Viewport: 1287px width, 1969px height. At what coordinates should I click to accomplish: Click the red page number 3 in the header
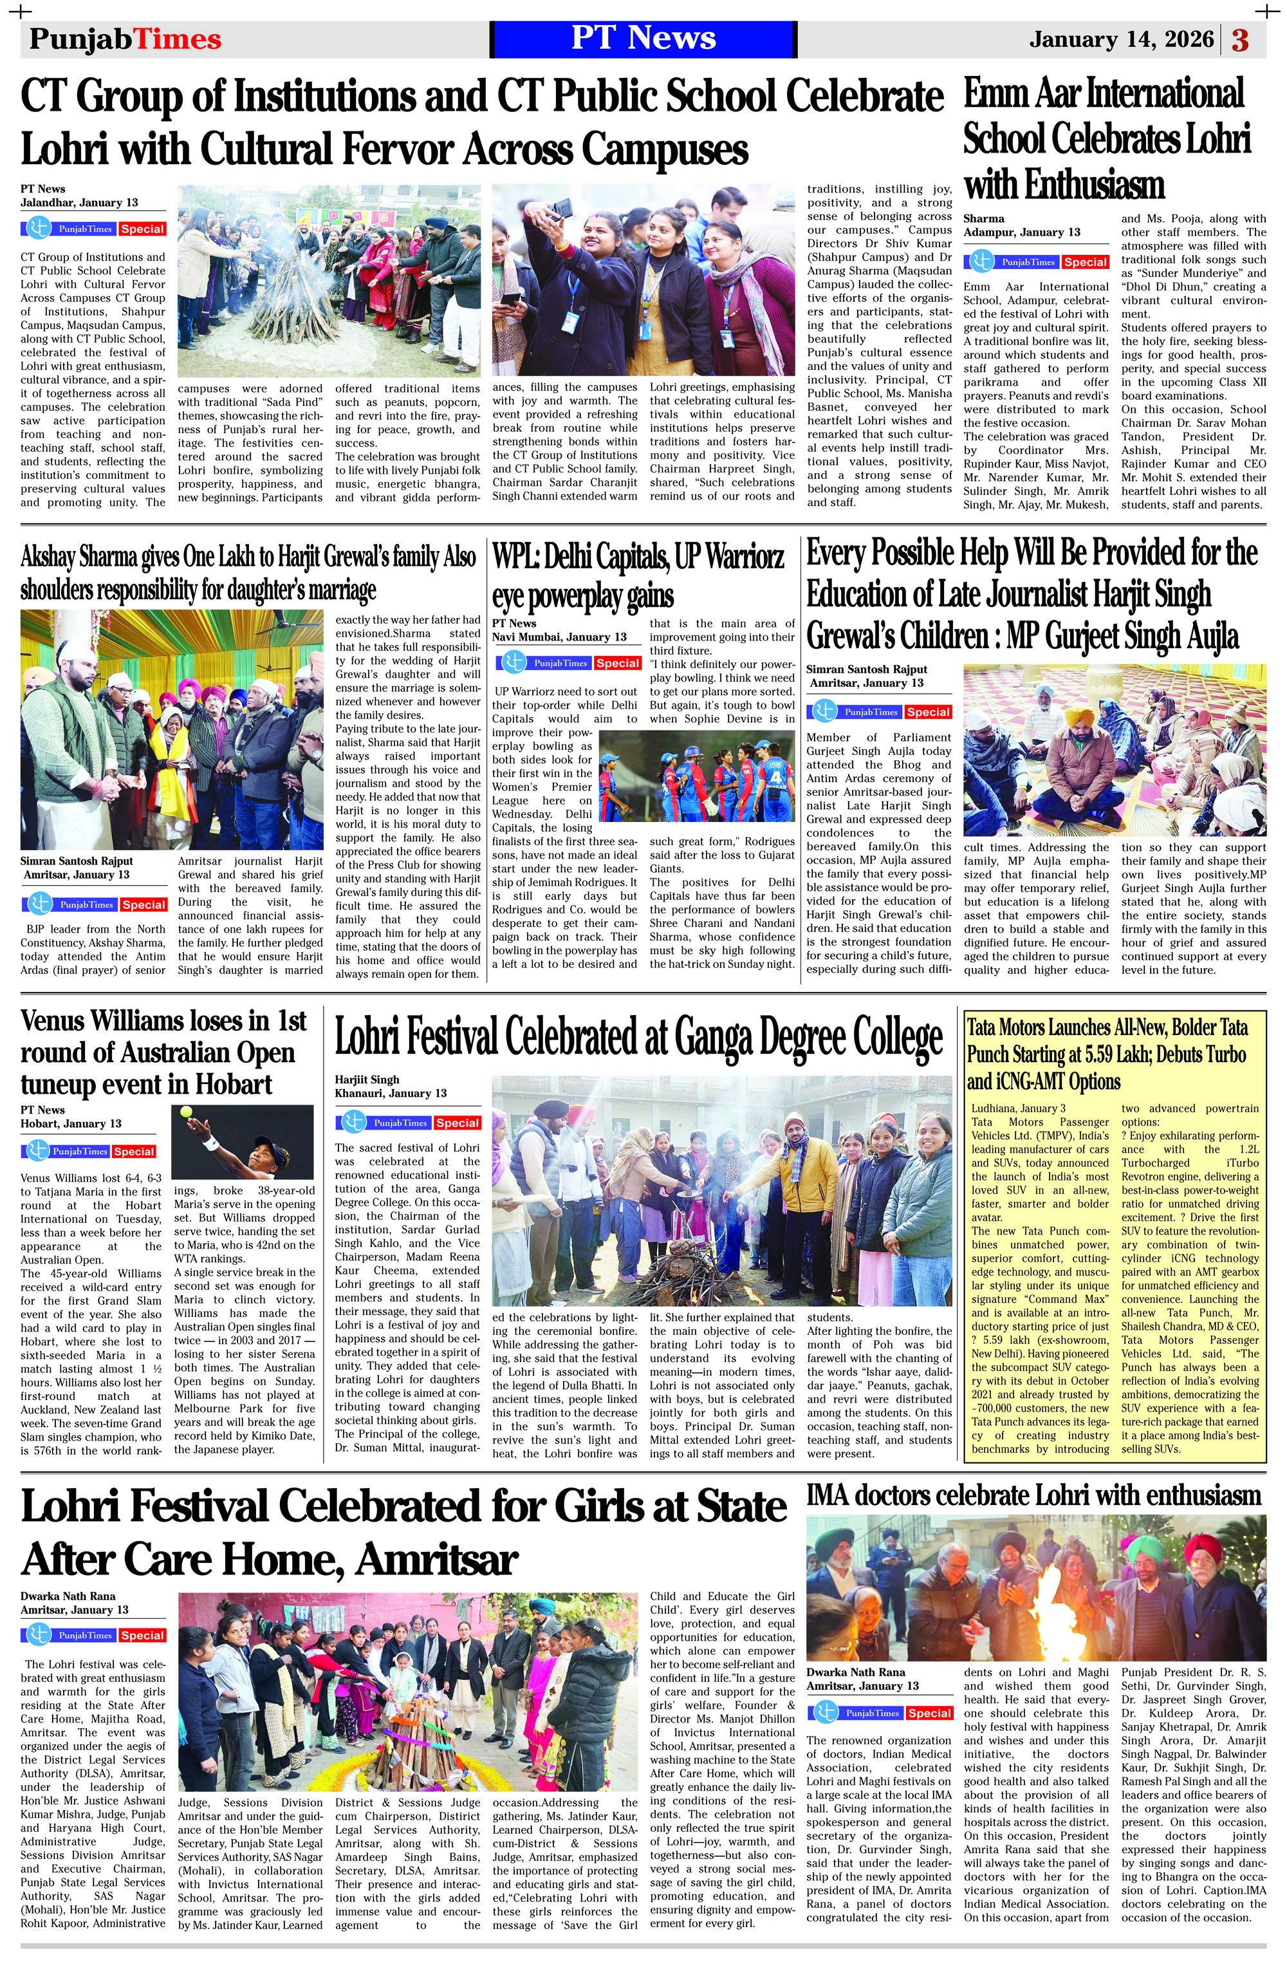click(x=1240, y=40)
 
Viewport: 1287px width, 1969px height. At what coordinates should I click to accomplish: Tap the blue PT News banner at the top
click(x=643, y=39)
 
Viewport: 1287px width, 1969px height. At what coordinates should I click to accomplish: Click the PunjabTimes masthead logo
click(x=125, y=40)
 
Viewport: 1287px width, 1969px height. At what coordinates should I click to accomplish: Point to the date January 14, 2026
click(x=1121, y=40)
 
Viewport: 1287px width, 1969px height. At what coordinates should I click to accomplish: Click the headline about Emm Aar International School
click(x=1106, y=138)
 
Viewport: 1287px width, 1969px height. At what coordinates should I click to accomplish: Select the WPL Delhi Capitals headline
click(x=638, y=575)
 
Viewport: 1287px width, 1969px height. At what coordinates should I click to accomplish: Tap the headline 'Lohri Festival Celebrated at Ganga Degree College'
click(x=638, y=1038)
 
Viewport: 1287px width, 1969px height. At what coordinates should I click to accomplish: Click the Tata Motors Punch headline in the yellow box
click(x=1107, y=1055)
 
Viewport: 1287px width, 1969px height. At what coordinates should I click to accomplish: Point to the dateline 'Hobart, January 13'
click(x=71, y=1123)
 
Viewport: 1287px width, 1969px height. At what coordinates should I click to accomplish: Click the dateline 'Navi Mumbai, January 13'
click(x=559, y=637)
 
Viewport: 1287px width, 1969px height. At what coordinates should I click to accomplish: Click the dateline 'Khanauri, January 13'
click(x=391, y=1094)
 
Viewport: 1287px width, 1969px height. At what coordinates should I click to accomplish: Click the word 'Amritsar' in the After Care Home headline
click(x=437, y=1560)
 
